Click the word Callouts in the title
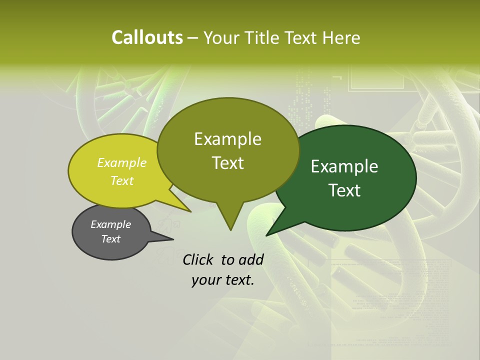pos(147,37)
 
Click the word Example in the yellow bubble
pos(122,163)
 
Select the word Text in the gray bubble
pos(111,239)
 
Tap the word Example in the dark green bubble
pos(344,166)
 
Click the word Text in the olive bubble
pos(228,163)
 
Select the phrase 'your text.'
pos(223,280)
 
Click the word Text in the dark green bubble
pos(344,190)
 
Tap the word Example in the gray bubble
pos(111,224)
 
